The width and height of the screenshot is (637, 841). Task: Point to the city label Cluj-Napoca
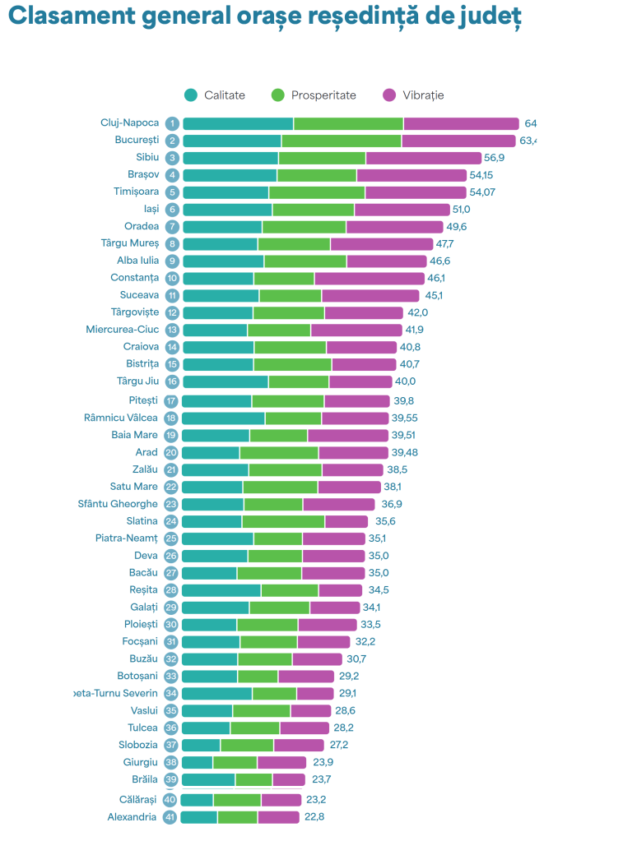pyautogui.click(x=129, y=123)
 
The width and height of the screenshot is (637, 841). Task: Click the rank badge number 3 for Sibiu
pyautogui.click(x=172, y=158)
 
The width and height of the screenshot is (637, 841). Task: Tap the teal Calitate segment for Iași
pyautogui.click(x=227, y=210)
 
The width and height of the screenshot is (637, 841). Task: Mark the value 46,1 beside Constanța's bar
pyautogui.click(x=436, y=279)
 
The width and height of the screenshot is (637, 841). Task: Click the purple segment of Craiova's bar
pyautogui.click(x=361, y=347)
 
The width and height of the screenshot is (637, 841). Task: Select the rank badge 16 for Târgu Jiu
pyautogui.click(x=172, y=381)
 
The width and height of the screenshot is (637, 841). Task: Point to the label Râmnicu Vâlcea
pyautogui.click(x=121, y=418)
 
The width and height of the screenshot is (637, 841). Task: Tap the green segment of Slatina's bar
pyautogui.click(x=283, y=521)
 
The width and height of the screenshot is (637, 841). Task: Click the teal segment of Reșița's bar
pyautogui.click(x=221, y=590)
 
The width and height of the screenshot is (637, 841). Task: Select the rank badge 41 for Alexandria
pyautogui.click(x=170, y=818)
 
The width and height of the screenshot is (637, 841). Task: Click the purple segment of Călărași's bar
pyautogui.click(x=281, y=800)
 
